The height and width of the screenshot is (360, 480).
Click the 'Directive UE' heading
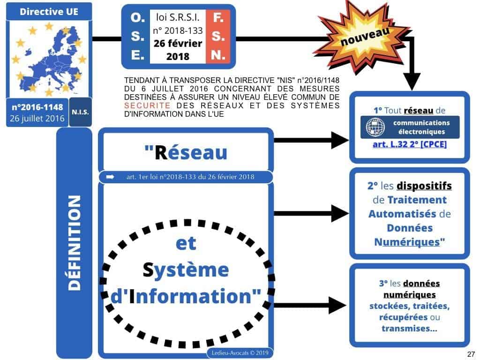[x=43, y=12]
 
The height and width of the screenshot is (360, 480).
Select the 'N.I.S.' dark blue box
[x=80, y=112]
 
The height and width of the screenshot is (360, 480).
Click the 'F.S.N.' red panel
[x=218, y=37]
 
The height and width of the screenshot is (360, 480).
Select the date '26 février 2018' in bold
[x=177, y=50]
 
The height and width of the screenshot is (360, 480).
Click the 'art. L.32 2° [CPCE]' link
[x=409, y=144]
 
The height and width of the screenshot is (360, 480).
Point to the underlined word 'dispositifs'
[x=424, y=186]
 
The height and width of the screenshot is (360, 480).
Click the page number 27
[x=469, y=353]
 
